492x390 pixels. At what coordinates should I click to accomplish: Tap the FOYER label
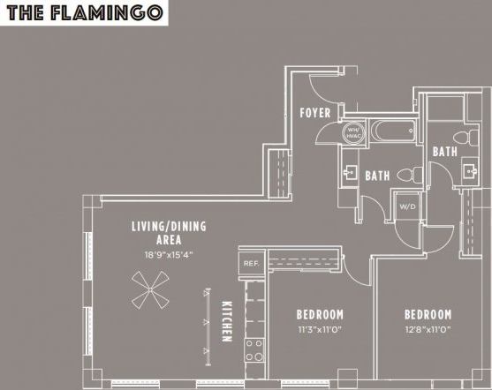315,113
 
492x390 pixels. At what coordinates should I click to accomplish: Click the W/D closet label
407,207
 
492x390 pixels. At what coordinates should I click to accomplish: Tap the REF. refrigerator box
250,263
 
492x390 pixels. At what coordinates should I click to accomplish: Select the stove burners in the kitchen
254,350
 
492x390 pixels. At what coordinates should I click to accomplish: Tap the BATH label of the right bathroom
444,153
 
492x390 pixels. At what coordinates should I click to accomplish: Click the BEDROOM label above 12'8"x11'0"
428,315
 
